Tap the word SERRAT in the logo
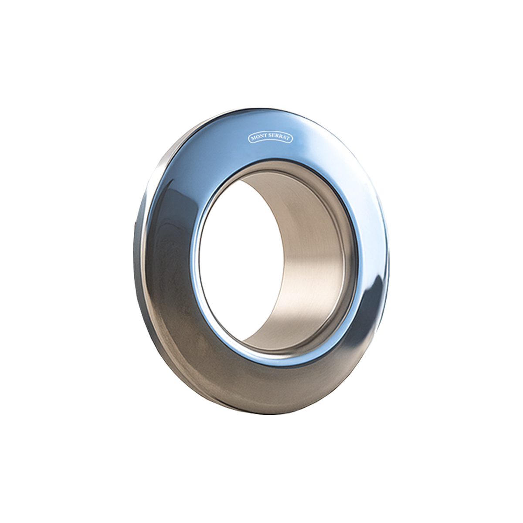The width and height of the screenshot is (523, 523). click(x=279, y=136)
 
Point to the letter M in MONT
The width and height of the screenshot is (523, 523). click(x=253, y=139)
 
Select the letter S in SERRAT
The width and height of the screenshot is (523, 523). click(x=270, y=135)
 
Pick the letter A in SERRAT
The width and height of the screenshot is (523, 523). click(x=284, y=137)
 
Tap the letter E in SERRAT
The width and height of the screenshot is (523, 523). click(x=274, y=136)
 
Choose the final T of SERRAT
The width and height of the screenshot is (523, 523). click(x=288, y=139)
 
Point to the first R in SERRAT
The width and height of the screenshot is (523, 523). click(x=277, y=136)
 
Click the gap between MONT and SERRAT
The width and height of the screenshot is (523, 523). click(x=268, y=136)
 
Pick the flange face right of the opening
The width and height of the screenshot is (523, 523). click(x=368, y=244)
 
